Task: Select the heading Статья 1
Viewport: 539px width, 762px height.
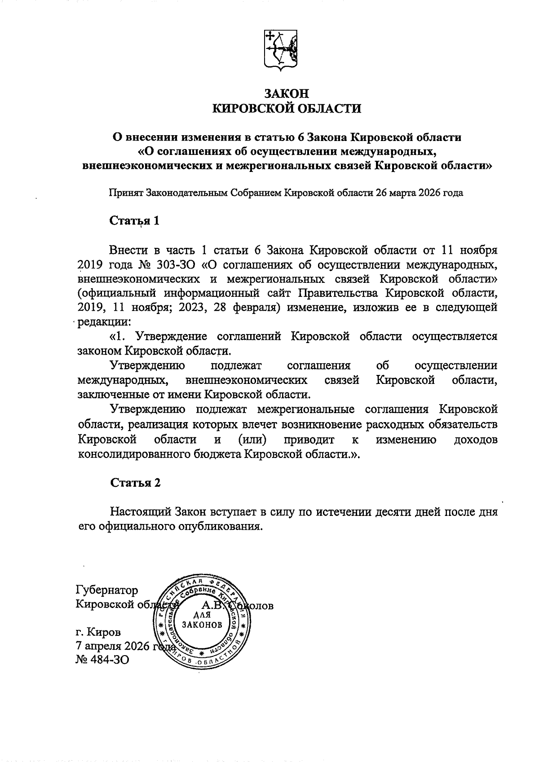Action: pos(135,221)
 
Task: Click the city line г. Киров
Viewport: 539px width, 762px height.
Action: pos(98,633)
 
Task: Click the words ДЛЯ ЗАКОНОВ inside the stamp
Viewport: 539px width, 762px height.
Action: pos(202,620)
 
